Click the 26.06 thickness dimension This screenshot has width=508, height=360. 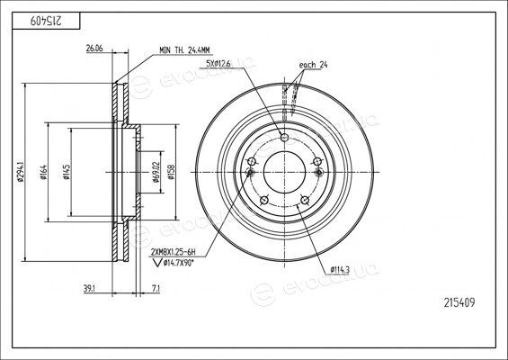(94, 49)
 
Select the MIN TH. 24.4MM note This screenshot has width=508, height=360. (184, 50)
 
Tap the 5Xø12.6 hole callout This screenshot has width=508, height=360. (218, 64)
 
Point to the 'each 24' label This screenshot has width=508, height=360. (313, 65)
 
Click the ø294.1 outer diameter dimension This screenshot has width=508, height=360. (21, 172)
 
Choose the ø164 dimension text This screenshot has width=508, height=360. (43, 172)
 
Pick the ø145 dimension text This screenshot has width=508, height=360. (67, 172)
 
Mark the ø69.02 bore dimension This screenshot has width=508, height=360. (156, 172)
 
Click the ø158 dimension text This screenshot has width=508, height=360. (171, 172)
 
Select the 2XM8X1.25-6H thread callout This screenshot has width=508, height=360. (174, 252)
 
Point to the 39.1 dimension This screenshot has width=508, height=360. (89, 289)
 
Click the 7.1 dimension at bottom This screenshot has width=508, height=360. (156, 289)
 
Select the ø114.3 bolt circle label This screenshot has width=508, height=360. (340, 269)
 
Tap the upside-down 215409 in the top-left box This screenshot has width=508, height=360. (46, 21)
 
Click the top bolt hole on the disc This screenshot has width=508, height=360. (284, 137)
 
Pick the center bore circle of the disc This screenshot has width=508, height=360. (284, 172)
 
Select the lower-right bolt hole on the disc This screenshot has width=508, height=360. (305, 200)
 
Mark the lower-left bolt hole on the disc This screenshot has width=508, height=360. (264, 200)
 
